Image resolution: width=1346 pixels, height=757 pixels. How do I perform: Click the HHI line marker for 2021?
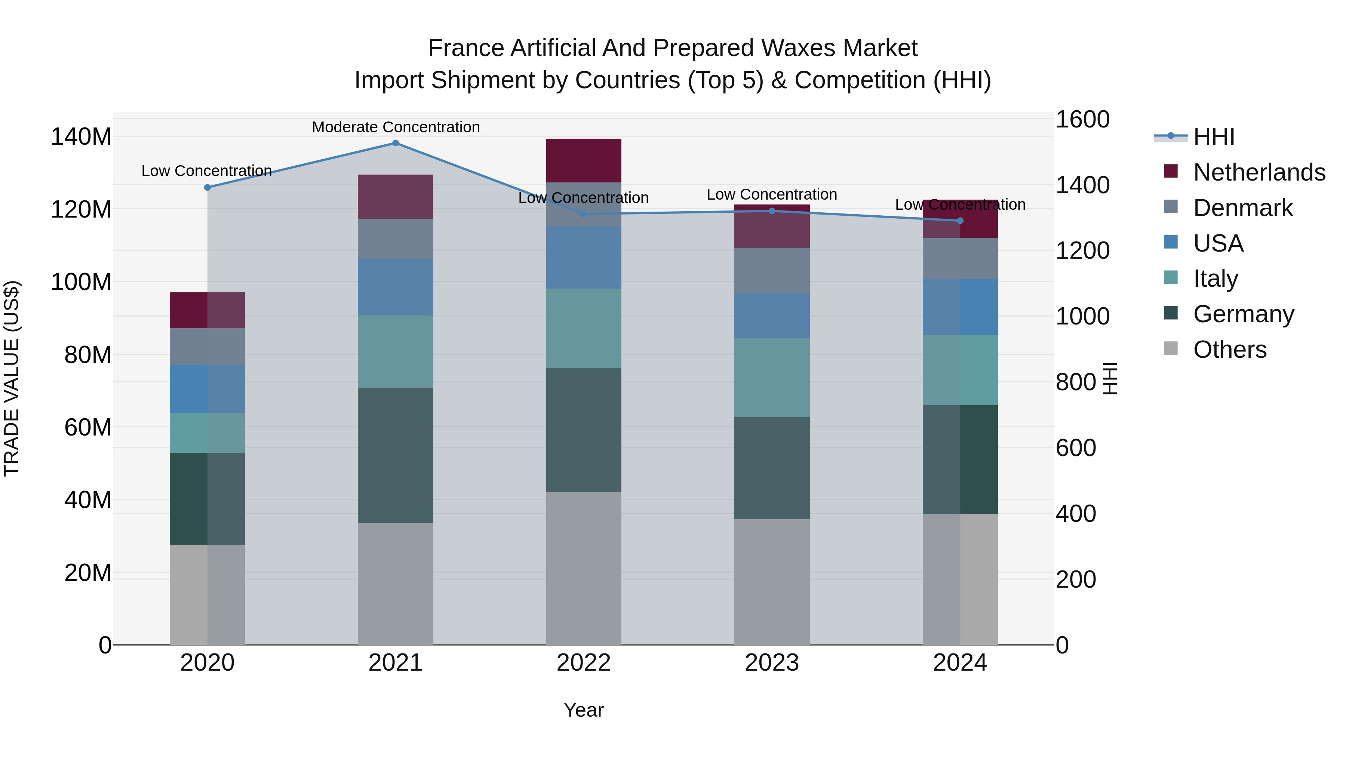click(395, 143)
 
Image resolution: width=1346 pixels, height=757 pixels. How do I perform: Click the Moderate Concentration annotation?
click(396, 127)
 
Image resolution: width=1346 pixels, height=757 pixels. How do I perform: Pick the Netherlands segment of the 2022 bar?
click(584, 160)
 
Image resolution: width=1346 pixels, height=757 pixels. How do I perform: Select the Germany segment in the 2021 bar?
click(396, 455)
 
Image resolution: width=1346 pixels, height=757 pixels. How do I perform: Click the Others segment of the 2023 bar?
click(772, 581)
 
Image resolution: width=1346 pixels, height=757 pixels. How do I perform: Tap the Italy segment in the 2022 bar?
click(584, 328)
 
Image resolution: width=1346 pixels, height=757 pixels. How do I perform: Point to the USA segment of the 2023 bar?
click(772, 316)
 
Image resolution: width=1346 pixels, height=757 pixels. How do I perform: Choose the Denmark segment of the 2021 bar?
click(396, 239)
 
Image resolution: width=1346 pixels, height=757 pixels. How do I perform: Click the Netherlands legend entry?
click(1259, 172)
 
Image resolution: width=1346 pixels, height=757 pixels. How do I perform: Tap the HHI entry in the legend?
click(1214, 137)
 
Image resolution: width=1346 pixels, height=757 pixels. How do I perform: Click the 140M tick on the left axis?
click(81, 137)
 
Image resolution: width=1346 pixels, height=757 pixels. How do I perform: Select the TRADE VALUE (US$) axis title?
click(12, 378)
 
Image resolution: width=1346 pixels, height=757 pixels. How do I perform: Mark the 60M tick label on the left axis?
click(88, 427)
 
